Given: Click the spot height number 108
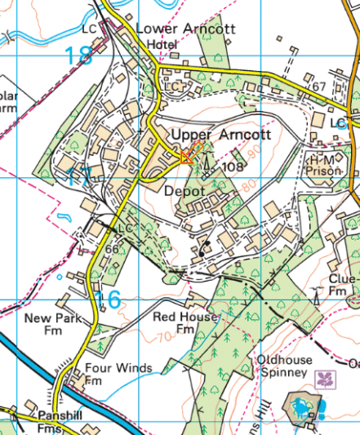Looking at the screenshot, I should pos(233,166).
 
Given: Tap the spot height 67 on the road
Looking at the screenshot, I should pos(318,87).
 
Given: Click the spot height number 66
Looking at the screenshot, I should pos(113,248).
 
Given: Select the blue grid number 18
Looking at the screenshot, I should pos(79,55).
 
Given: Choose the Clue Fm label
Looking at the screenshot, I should pos(343,286).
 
